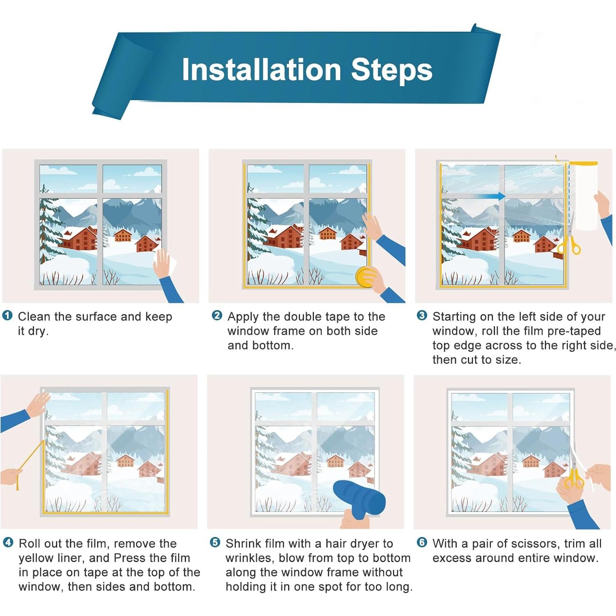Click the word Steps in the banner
point(391,70)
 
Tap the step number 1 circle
point(7,316)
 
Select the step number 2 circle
point(216,316)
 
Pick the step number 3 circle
point(422,316)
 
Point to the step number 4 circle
point(8,542)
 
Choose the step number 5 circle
point(215,542)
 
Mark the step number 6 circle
point(422,542)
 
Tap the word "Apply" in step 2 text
point(243,317)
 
